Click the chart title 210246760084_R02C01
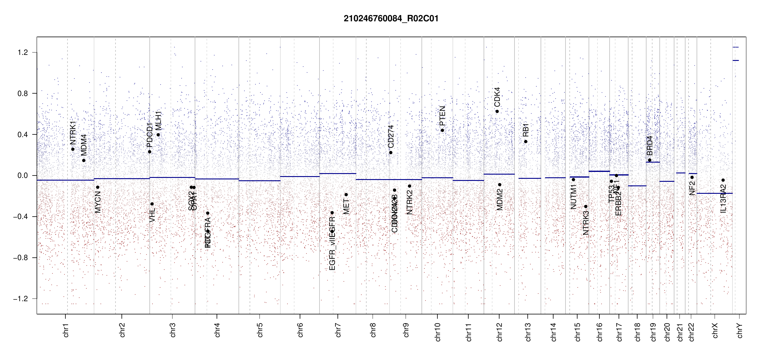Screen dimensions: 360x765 pos(391,19)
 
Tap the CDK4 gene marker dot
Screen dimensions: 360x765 pos(497,111)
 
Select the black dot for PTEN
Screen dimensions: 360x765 pos(442,130)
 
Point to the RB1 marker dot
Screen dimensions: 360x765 pos(526,142)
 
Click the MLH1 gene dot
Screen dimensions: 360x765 pos(158,135)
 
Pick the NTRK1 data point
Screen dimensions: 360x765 pos(73,149)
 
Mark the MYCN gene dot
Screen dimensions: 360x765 pos(97,187)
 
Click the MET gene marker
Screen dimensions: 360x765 pos(346,195)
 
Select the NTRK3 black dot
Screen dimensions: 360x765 pos(586,206)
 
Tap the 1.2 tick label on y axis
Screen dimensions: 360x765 pos(22,52)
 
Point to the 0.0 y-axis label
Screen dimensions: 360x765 pos(22,175)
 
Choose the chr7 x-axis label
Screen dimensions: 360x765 pos(338,330)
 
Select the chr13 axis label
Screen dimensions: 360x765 pos(528,332)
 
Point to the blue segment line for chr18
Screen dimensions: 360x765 pos(637,186)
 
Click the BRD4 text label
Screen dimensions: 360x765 pos(649,145)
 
